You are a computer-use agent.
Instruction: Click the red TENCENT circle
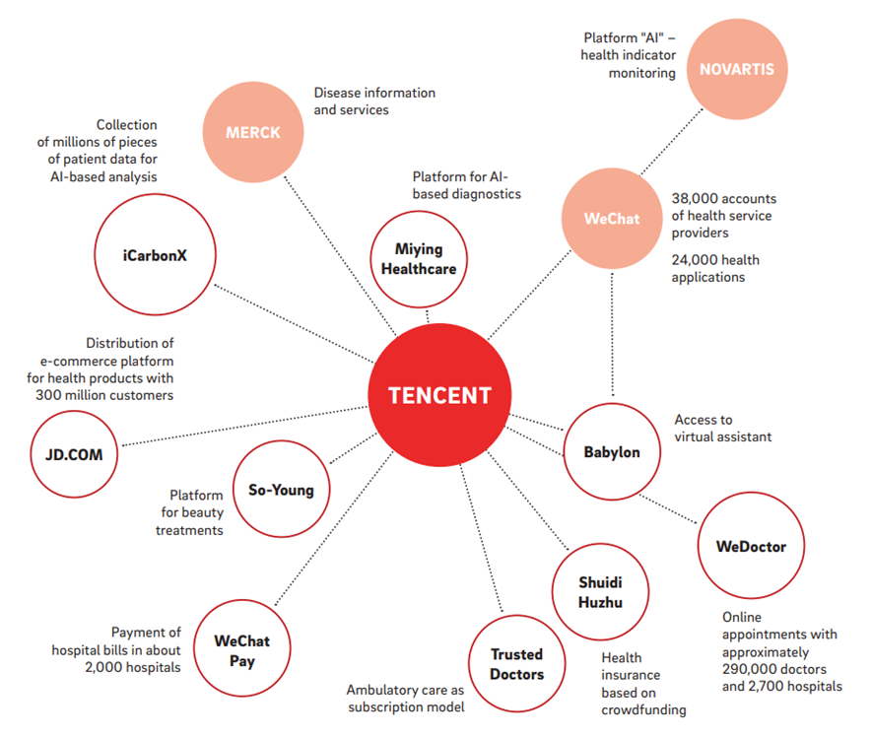pyautogui.click(x=438, y=395)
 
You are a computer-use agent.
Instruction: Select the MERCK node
pyautogui.click(x=253, y=131)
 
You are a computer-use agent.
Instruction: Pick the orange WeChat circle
pyautogui.click(x=611, y=219)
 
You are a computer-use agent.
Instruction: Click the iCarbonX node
pyautogui.click(x=155, y=254)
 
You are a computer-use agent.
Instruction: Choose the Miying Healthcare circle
pyautogui.click(x=419, y=258)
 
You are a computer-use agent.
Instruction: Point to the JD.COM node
pyautogui.click(x=73, y=455)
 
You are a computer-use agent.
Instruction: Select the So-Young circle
pyautogui.click(x=281, y=490)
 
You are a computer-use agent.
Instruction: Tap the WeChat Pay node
pyautogui.click(x=241, y=651)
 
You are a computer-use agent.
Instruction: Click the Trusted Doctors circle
pyautogui.click(x=516, y=664)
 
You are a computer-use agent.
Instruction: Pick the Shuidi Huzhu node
pyautogui.click(x=600, y=591)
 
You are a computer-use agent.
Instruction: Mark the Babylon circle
pyautogui.click(x=613, y=452)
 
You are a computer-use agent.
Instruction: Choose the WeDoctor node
pyautogui.click(x=751, y=546)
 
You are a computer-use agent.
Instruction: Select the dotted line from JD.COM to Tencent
pyautogui.click(x=246, y=426)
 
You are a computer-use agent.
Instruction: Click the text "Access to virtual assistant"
pyautogui.click(x=721, y=428)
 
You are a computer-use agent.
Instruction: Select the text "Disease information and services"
pyautogui.click(x=373, y=101)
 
